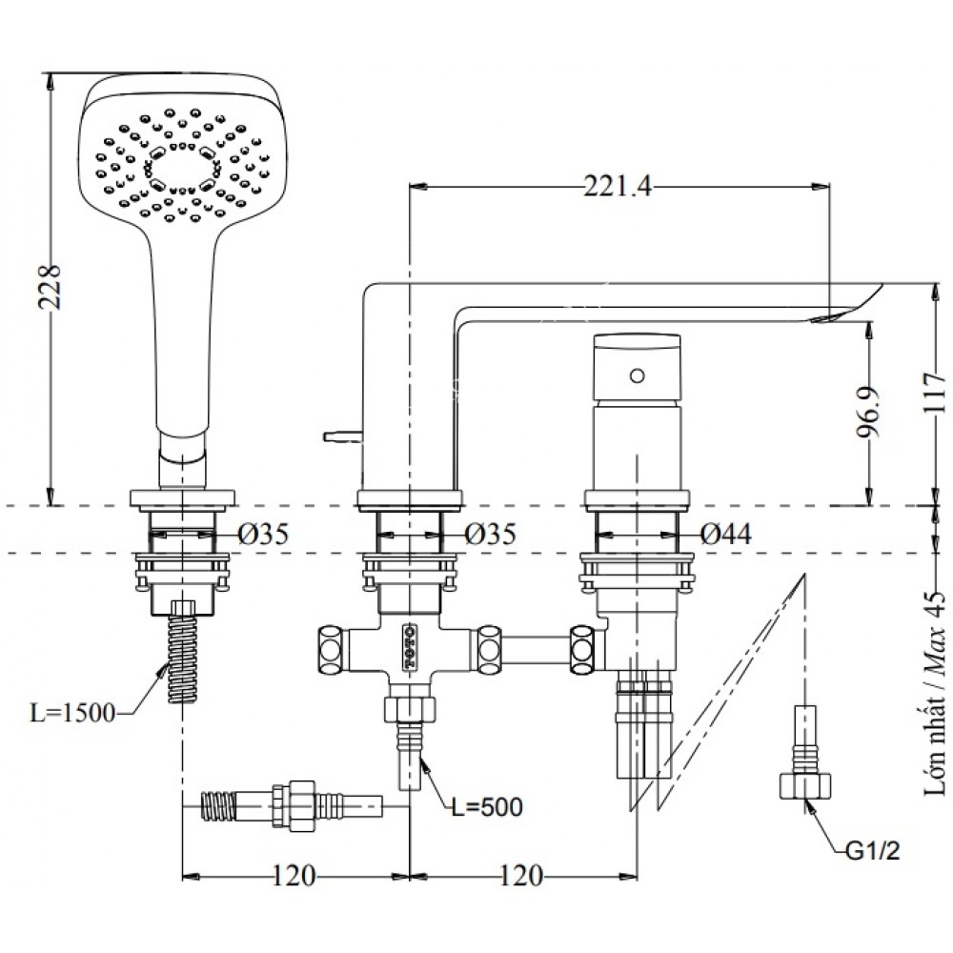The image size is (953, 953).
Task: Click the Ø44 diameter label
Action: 725,535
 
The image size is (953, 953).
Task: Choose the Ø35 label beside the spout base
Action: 491,535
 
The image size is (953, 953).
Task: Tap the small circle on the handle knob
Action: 637,375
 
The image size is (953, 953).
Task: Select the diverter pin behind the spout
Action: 339,437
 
